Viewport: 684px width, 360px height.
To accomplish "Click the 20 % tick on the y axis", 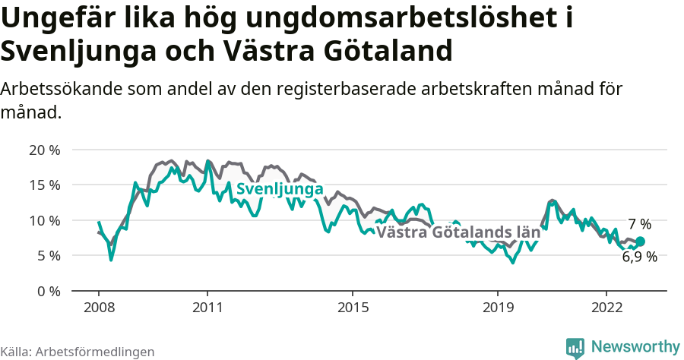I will (45, 150).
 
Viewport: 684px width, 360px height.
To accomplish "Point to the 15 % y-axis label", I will (45, 185).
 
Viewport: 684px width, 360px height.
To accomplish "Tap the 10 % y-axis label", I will (45, 220).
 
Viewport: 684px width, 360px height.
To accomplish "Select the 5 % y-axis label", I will (48, 255).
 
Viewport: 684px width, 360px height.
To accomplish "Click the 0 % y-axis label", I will (48, 291).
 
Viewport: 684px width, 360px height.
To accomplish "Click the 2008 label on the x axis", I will (99, 308).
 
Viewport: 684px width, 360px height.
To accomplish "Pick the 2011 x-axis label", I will (207, 308).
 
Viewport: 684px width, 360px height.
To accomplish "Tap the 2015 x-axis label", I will (352, 308).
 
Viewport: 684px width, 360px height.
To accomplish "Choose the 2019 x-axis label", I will (497, 308).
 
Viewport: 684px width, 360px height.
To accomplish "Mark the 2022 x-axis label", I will (606, 308).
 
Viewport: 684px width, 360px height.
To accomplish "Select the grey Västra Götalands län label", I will (458, 232).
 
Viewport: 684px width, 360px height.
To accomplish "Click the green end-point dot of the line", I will (640, 242).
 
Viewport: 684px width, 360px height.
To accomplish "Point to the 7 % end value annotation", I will (639, 224).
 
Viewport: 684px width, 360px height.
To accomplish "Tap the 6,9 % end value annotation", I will (639, 257).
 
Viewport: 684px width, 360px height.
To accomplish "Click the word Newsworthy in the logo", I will (635, 346).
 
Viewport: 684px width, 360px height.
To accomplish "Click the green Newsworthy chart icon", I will (575, 347).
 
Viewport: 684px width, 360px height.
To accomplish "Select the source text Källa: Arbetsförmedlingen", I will (78, 352).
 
